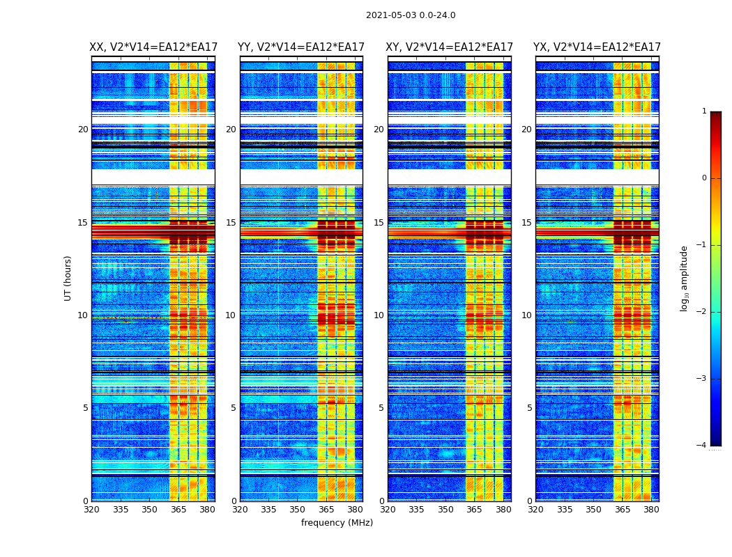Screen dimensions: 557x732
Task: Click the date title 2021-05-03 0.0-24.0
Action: tap(411, 15)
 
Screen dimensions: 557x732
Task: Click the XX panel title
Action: tap(153, 47)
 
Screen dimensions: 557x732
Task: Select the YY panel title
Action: tap(301, 47)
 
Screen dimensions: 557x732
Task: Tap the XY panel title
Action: tap(449, 47)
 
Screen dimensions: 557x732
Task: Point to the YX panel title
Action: tap(597, 47)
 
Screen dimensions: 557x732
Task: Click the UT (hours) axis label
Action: tap(68, 278)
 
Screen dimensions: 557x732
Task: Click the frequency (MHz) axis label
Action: tap(337, 523)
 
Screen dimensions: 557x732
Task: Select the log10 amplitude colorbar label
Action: tap(685, 278)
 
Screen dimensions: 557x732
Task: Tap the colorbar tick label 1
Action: tap(704, 111)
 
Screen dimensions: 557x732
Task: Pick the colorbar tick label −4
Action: tap(702, 446)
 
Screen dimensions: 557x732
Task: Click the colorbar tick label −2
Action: tap(702, 312)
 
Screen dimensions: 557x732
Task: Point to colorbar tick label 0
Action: tap(704, 178)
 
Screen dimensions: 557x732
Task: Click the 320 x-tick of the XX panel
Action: tap(91, 510)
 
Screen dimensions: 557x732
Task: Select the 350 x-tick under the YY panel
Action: tap(297, 510)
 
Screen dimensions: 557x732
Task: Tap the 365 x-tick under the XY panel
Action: tap(474, 510)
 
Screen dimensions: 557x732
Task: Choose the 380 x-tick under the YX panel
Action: tap(651, 510)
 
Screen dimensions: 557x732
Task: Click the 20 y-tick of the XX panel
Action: tap(83, 130)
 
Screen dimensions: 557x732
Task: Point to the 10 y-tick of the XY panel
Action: tap(379, 315)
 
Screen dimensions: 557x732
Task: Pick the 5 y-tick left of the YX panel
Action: tap(529, 408)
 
